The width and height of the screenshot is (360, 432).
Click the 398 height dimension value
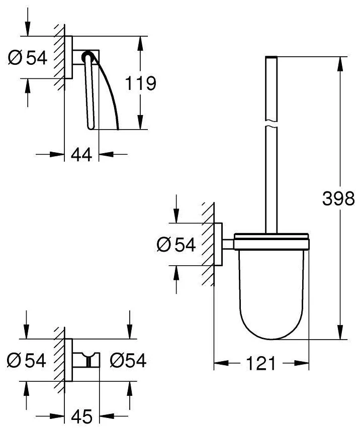click(338, 198)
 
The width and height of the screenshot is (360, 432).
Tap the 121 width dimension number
click(261, 363)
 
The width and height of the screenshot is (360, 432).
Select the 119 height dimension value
click(141, 83)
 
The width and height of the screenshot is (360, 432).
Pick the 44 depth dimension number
click(81, 155)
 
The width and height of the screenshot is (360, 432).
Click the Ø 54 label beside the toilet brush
click(176, 244)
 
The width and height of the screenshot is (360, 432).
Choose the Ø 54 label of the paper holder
click(28, 58)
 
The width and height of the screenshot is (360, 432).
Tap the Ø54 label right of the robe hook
click(128, 360)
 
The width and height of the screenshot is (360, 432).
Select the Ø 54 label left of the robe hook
click(27, 360)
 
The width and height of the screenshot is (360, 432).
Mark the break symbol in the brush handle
click(271, 124)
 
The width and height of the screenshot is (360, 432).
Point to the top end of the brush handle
click(271, 57)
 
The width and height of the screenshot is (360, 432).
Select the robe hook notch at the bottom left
click(88, 361)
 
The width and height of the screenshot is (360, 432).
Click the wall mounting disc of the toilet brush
click(218, 244)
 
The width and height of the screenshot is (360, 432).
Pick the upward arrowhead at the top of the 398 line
click(341, 64)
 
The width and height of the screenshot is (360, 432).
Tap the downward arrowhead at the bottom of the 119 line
click(140, 122)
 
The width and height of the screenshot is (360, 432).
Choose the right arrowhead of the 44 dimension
click(106, 154)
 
